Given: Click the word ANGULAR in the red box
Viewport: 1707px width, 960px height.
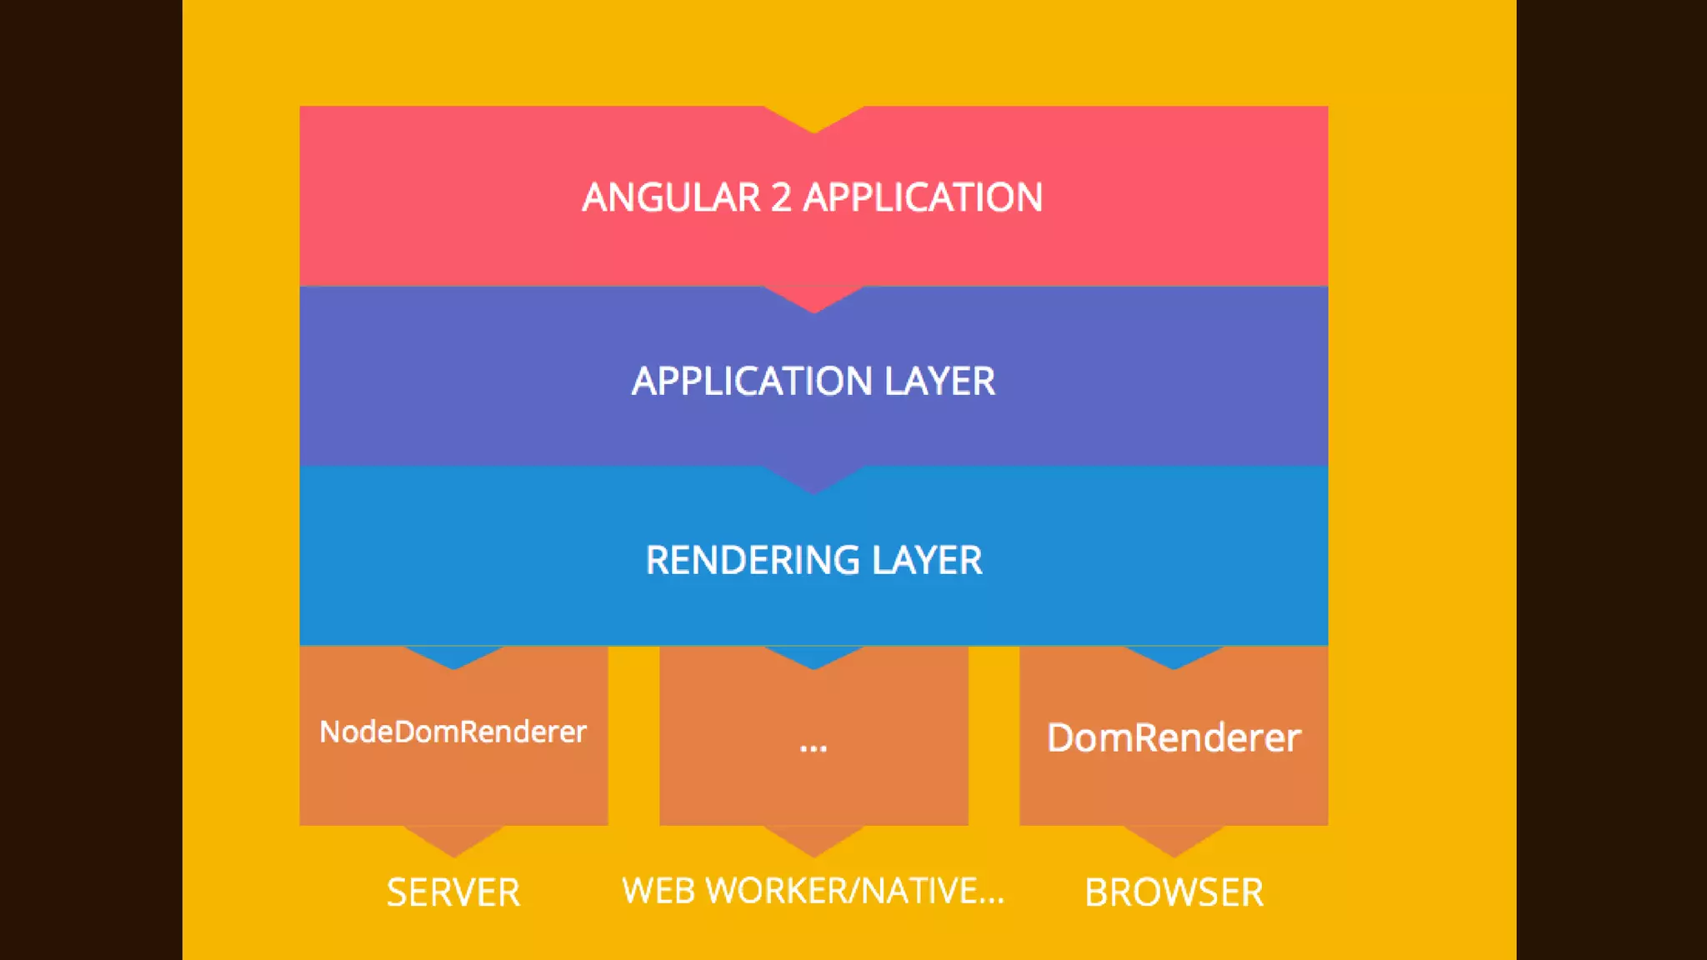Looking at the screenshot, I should (x=671, y=198).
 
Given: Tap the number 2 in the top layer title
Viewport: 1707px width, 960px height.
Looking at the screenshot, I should (x=781, y=198).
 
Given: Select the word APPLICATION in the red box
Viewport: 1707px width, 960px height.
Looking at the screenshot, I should (x=923, y=198).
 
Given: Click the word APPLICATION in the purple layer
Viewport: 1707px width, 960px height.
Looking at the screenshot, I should (x=751, y=382).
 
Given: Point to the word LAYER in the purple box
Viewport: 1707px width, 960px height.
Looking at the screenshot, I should (x=939, y=382).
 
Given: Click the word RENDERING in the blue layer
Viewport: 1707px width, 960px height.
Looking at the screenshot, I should (x=752, y=560).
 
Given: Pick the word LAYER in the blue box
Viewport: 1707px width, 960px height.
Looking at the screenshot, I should (x=927, y=560).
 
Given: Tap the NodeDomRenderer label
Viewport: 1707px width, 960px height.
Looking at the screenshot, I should (x=453, y=732).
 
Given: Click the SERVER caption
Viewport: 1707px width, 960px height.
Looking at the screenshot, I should (x=453, y=892).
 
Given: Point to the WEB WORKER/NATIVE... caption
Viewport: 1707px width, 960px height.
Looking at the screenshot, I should (x=813, y=891).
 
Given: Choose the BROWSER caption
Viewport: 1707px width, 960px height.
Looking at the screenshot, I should (x=1174, y=892).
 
